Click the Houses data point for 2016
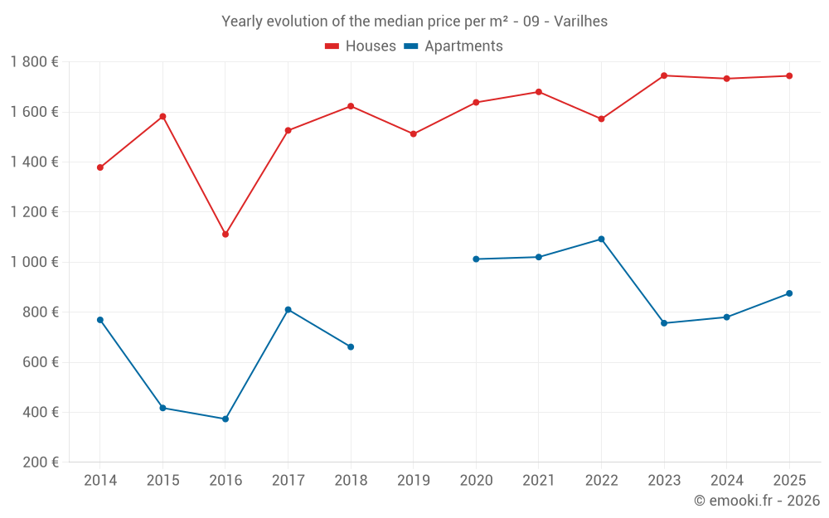point(225,235)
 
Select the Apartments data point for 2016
point(225,419)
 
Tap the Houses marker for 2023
point(664,75)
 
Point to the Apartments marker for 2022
point(601,240)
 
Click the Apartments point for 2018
point(351,346)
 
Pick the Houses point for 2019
point(414,133)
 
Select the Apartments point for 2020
point(476,259)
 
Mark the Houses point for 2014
point(100,167)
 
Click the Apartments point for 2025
point(789,293)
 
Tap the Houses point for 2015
point(162,116)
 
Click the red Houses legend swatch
point(332,46)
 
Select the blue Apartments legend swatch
point(410,46)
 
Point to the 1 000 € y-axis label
point(34,262)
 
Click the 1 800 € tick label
point(34,62)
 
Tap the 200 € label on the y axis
point(39,462)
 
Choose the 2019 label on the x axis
point(414,480)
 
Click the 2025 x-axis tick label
point(789,480)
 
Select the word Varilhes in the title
point(579,22)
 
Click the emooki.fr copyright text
point(757,501)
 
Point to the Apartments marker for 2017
point(288,310)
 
